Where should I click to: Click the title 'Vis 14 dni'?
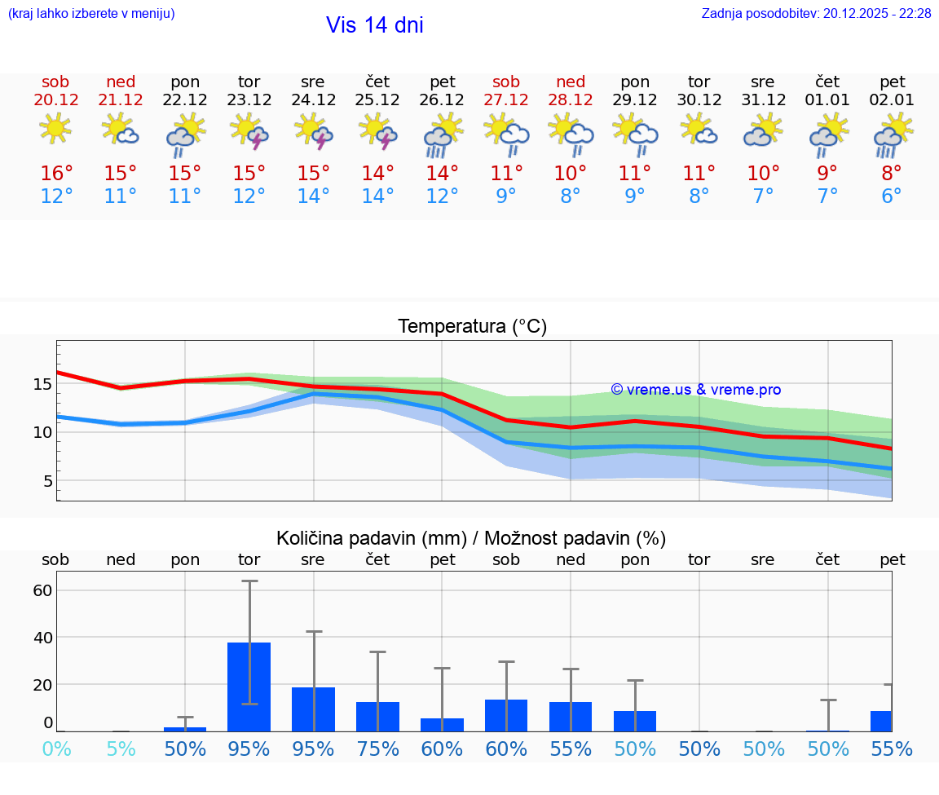374,25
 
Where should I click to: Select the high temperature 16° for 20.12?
56,173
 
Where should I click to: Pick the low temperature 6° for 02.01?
892,197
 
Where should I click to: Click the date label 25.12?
377,99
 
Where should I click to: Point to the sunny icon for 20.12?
55,130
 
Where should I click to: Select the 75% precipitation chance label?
377,749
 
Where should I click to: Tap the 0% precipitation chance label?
56,749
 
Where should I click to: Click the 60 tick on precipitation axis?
42,590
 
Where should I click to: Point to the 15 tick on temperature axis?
42,383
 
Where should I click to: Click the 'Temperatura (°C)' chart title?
472,327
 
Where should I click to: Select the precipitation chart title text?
471,538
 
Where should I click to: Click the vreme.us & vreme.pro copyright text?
695,390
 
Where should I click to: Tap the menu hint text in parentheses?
91,13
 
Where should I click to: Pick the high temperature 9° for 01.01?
827,173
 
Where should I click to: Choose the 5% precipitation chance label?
121,749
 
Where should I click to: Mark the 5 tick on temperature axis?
47,481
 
